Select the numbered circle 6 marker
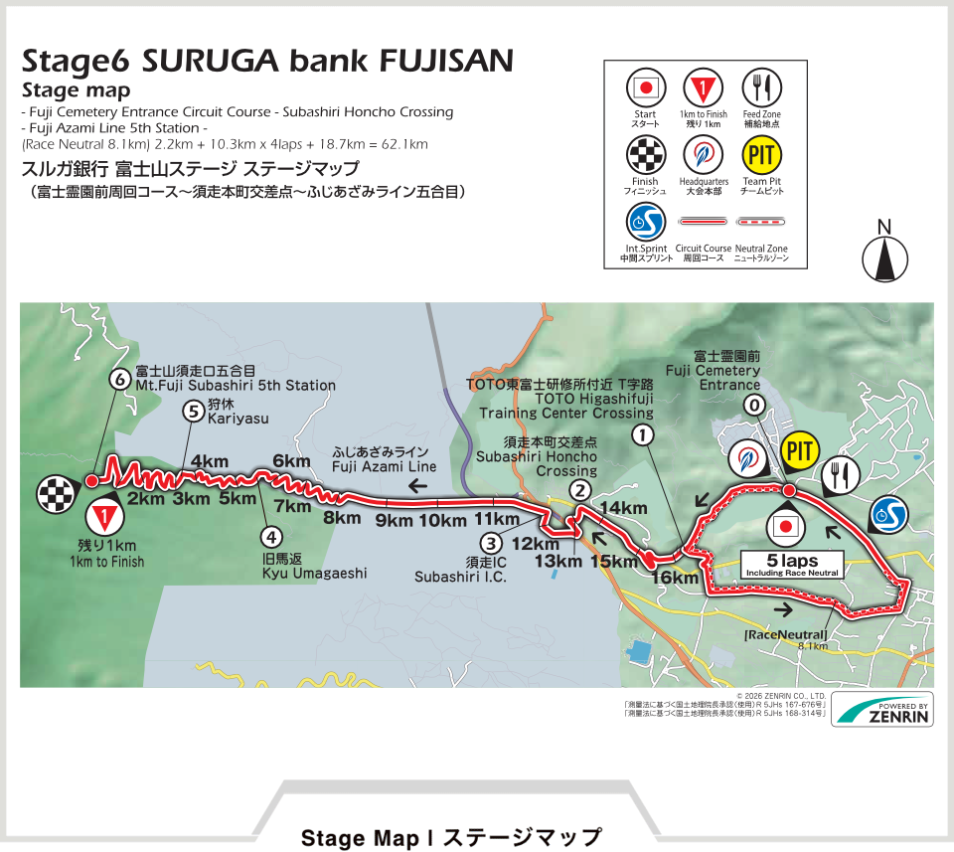click(120, 379)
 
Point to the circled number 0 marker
click(755, 405)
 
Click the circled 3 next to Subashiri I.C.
click(490, 543)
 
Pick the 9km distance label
click(394, 520)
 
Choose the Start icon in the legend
click(645, 88)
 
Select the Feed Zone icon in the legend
click(762, 88)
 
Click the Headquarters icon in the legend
click(704, 154)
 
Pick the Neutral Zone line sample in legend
click(761, 221)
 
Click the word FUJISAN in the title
click(446, 62)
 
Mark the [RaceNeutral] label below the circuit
click(785, 634)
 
